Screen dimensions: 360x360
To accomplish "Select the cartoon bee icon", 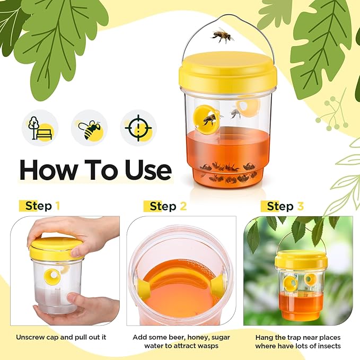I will point(89,128).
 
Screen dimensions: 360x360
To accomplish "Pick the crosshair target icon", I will point(138,128).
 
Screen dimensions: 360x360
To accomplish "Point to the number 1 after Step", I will point(57,206).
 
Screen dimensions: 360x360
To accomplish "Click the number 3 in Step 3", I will point(301,206).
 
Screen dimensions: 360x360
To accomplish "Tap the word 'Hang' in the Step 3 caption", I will point(265,337).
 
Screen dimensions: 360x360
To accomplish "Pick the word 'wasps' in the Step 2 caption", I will point(207,346).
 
